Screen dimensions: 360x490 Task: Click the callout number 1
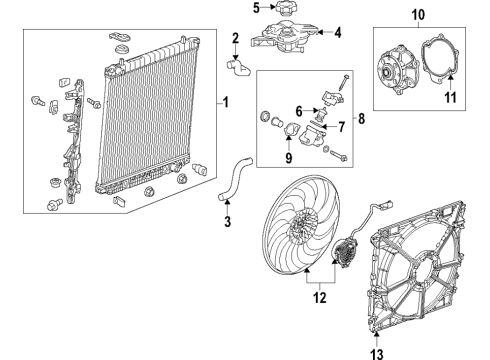[226, 101]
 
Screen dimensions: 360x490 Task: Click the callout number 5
[255, 8]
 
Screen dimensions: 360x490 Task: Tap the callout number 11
[449, 96]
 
